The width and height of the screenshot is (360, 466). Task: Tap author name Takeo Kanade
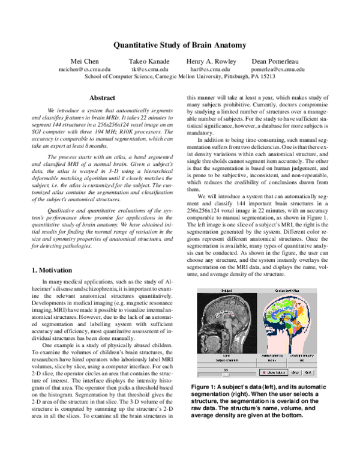pos(149,61)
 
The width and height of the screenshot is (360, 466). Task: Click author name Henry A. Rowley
pos(210,61)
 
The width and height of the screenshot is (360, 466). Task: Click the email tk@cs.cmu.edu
pos(149,69)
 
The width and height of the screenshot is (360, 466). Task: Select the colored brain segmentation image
pos(286,324)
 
